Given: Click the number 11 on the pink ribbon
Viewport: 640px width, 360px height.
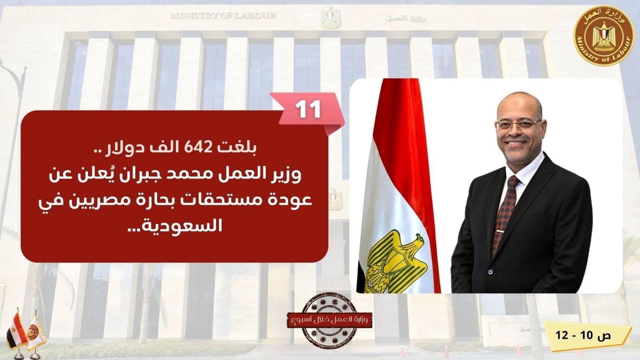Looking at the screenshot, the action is point(308,110).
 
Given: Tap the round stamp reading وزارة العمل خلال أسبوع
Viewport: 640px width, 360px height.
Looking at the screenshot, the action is point(330,320).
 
